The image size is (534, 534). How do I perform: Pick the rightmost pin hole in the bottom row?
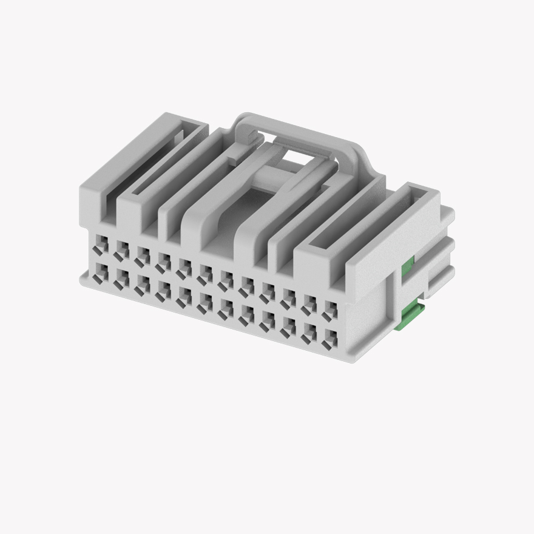331,337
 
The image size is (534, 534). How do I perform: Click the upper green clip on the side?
409,263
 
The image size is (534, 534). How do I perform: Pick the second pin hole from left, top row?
121,249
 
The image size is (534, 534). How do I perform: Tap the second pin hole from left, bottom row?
120,277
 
